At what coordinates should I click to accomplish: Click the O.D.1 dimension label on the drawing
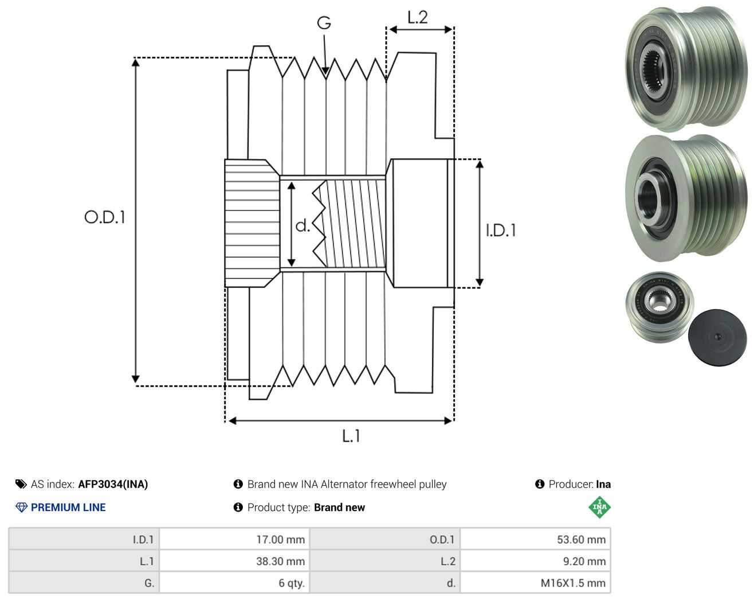pyautogui.click(x=104, y=217)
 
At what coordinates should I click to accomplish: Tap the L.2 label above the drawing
pyautogui.click(x=418, y=17)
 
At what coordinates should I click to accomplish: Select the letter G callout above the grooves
pyautogui.click(x=324, y=23)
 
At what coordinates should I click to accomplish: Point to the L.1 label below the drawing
pyautogui.click(x=351, y=436)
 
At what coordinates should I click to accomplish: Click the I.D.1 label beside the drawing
pyautogui.click(x=501, y=231)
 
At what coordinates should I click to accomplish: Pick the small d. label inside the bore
pyautogui.click(x=303, y=225)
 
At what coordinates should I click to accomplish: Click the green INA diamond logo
pyautogui.click(x=599, y=507)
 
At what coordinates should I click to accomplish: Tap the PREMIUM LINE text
pyautogui.click(x=68, y=508)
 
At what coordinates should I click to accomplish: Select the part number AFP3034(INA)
pyautogui.click(x=113, y=484)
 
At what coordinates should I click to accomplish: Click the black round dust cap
pyautogui.click(x=717, y=338)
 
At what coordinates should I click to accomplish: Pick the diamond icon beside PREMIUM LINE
pyautogui.click(x=21, y=508)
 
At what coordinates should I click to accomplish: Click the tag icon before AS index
pyautogui.click(x=21, y=484)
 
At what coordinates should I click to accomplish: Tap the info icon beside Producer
pyautogui.click(x=540, y=484)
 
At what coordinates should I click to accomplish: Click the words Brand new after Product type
pyautogui.click(x=339, y=508)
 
